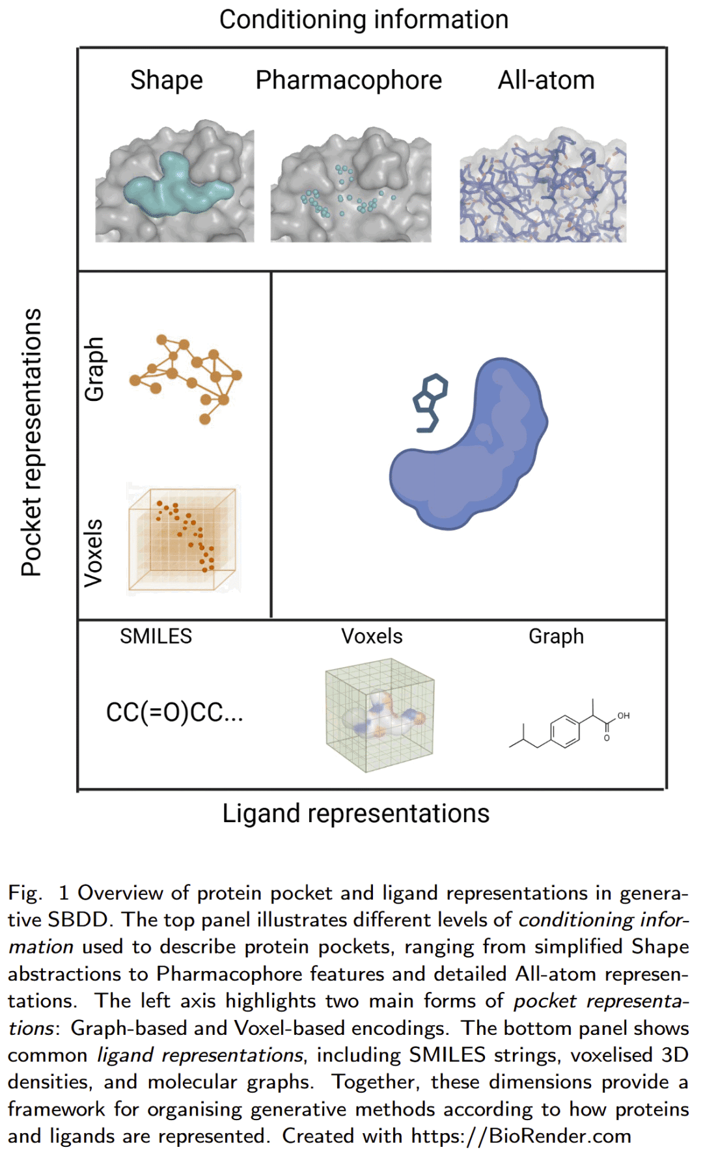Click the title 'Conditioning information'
point(363,20)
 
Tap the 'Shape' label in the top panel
point(167,80)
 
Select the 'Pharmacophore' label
point(348,80)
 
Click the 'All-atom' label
point(546,80)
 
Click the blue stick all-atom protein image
point(543,189)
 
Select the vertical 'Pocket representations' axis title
point(31,442)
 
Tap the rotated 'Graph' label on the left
point(94,368)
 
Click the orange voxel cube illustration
point(184,539)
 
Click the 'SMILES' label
point(156,636)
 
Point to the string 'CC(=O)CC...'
point(174,713)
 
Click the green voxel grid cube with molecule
point(380,715)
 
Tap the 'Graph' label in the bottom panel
point(556,636)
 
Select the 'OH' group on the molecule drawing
point(623,715)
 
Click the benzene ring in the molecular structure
point(564,731)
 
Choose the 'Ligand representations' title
point(355,814)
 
